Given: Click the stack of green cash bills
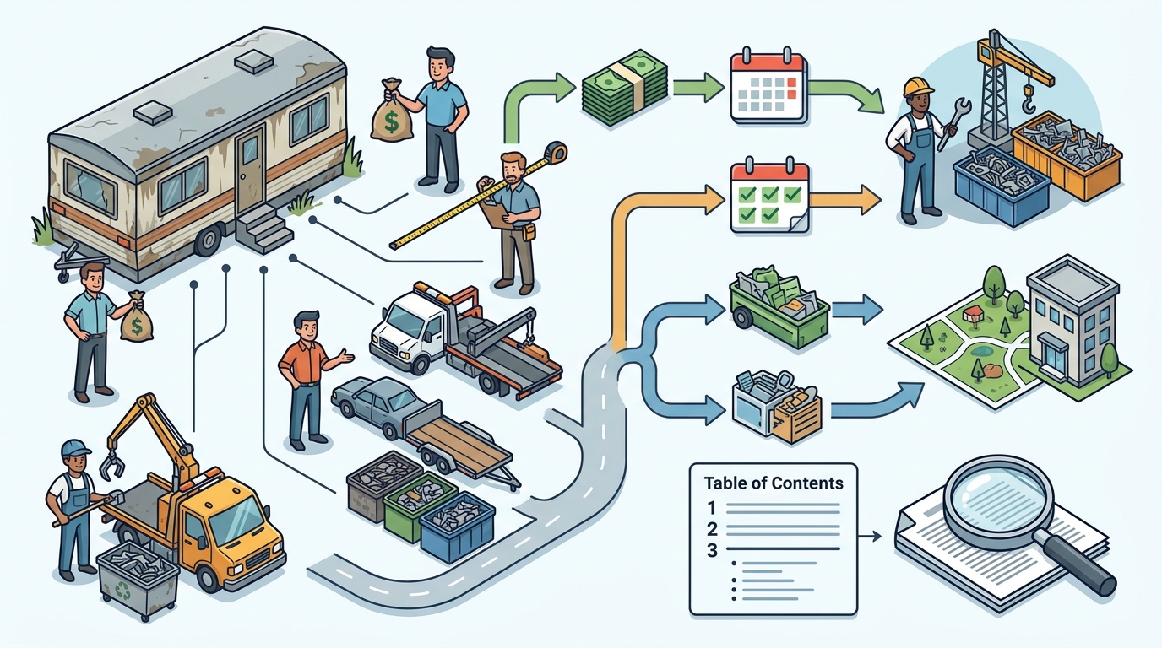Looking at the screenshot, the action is coord(625,87).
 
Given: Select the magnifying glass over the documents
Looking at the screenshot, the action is coord(1017,518).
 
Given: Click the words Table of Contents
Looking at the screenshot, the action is coord(774,483).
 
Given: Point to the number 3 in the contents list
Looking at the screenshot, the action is coord(712,550).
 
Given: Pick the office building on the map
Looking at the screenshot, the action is coord(1072,327).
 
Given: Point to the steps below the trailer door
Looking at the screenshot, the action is coord(263,228).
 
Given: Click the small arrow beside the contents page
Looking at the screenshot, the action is coord(870,536).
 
